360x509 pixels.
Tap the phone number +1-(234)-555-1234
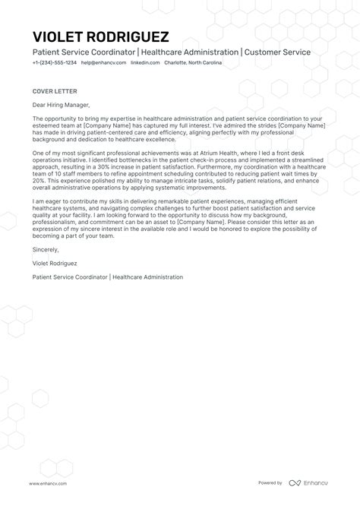pos(54,63)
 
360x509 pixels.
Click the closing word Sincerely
pos(46,248)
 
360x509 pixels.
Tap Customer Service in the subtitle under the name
pos(278,51)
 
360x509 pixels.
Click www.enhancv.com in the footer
pos(49,483)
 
